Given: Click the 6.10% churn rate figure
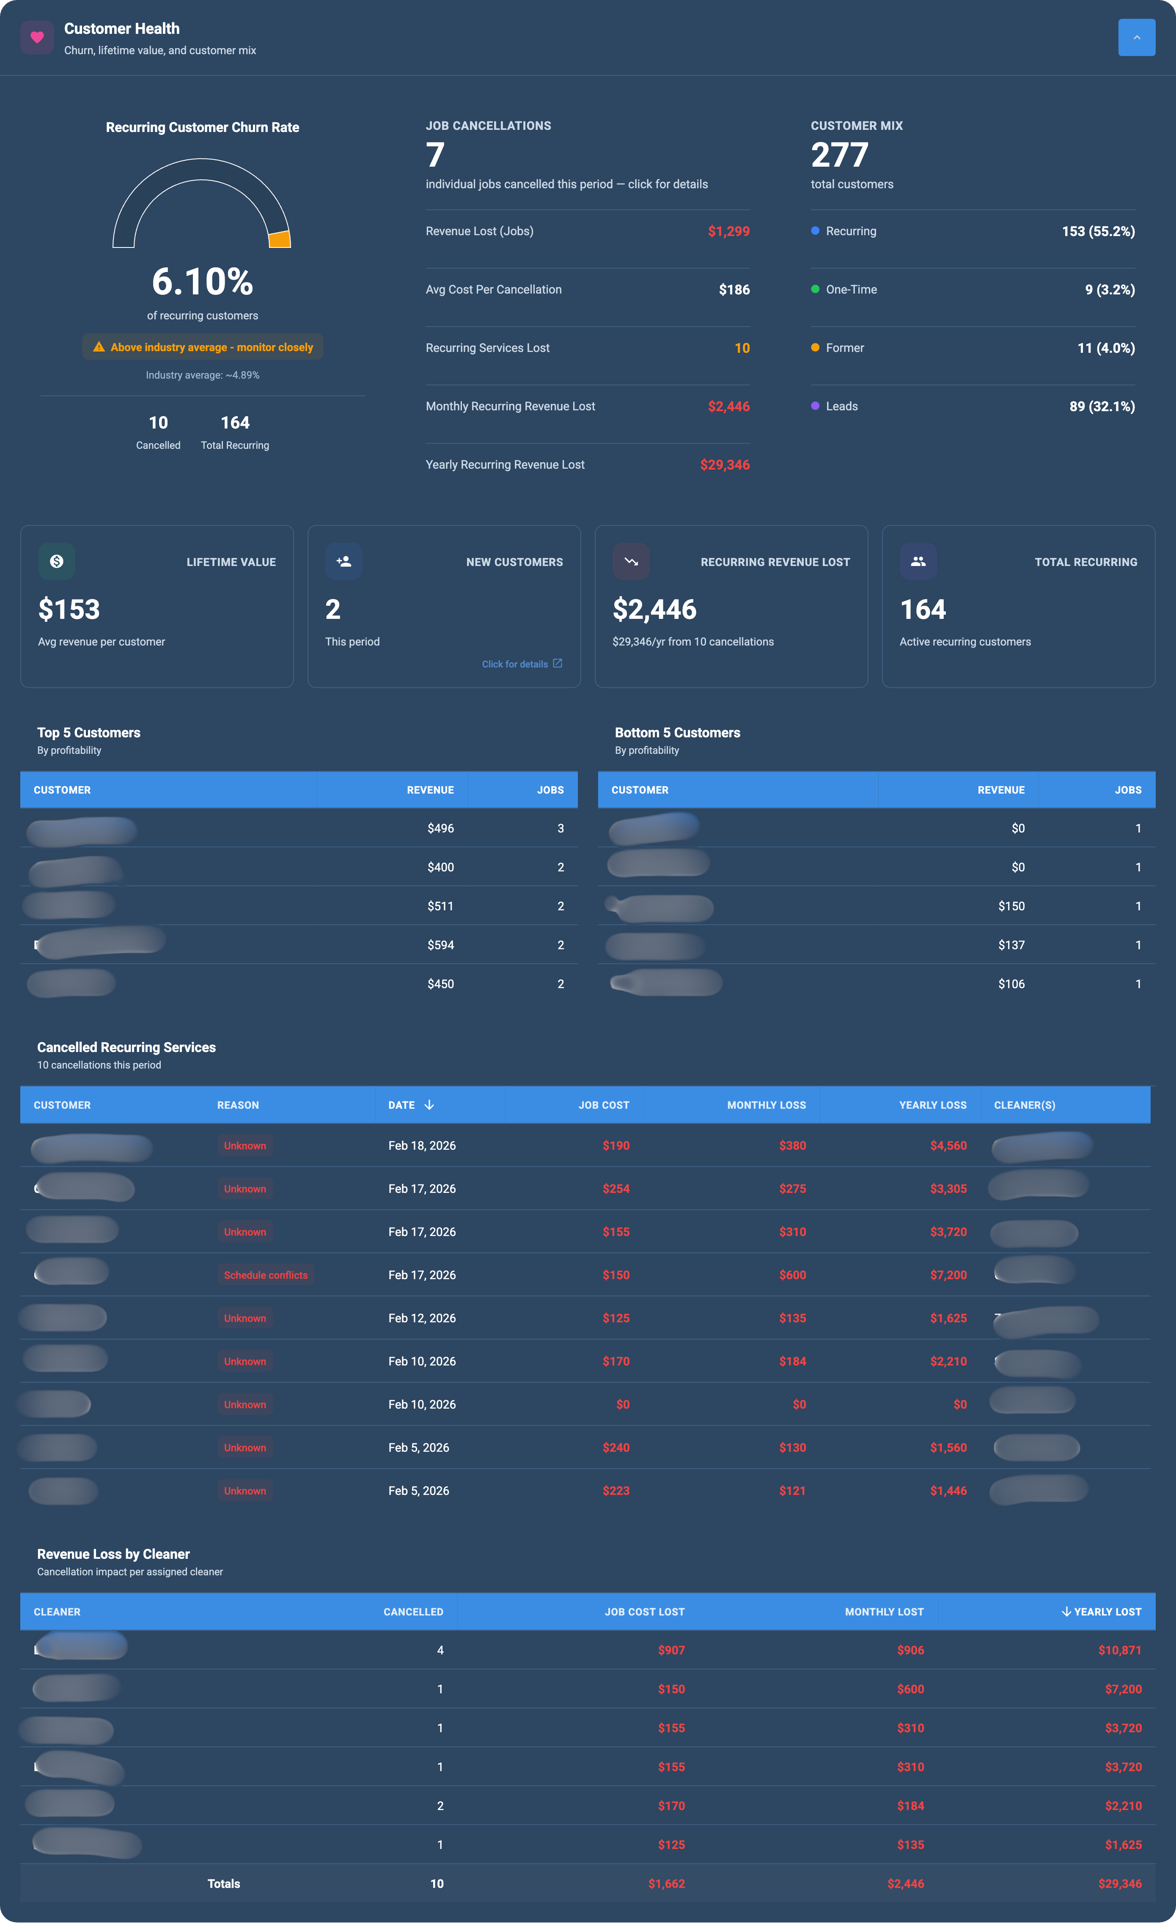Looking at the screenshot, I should coord(202,282).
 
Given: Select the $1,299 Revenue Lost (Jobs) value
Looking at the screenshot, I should coord(728,231).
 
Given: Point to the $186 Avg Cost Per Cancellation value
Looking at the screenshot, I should coord(734,289).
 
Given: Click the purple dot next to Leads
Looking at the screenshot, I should coord(815,406).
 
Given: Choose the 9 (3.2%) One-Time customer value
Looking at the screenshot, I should coord(1109,289).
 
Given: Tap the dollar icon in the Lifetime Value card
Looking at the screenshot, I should coord(56,561).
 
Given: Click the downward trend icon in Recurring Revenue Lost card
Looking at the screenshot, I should coord(631,561).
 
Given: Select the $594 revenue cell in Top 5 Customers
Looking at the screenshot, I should coord(440,945).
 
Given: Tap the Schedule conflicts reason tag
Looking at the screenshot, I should coord(265,1275).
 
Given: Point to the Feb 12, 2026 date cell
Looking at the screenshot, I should coord(421,1318).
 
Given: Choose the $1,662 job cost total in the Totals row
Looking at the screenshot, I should coord(666,1884).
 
